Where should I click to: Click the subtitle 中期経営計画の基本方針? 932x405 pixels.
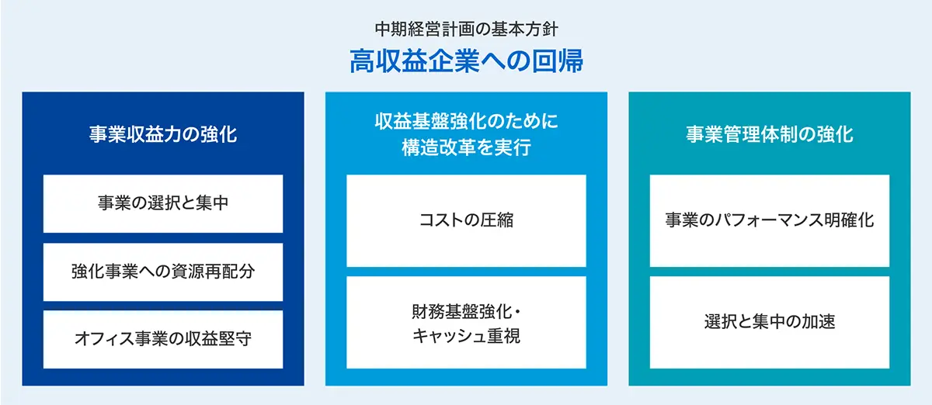pyautogui.click(x=466, y=29)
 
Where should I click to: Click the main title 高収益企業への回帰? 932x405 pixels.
pyautogui.click(x=466, y=61)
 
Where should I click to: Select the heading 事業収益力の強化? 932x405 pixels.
pyautogui.click(x=163, y=134)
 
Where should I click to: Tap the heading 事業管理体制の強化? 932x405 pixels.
pyautogui.click(x=770, y=134)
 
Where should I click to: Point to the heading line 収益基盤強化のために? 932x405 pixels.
pyautogui.click(x=467, y=121)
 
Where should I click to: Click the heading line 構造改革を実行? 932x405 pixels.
pyautogui.click(x=467, y=147)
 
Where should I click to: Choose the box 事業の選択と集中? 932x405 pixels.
pyautogui.click(x=163, y=204)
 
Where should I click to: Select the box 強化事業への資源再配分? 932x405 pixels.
pyautogui.click(x=163, y=272)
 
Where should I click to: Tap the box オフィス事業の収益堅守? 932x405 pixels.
pyautogui.click(x=163, y=339)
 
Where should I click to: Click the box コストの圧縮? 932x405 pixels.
pyautogui.click(x=467, y=221)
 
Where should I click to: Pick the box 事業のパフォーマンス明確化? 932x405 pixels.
pyautogui.click(x=770, y=221)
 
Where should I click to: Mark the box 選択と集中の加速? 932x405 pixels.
pyautogui.click(x=770, y=322)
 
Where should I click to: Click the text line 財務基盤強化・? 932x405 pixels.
pyautogui.click(x=467, y=311)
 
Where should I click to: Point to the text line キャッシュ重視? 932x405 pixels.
pyautogui.click(x=467, y=336)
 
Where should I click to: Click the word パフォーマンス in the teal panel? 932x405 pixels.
pyautogui.click(x=770, y=220)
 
